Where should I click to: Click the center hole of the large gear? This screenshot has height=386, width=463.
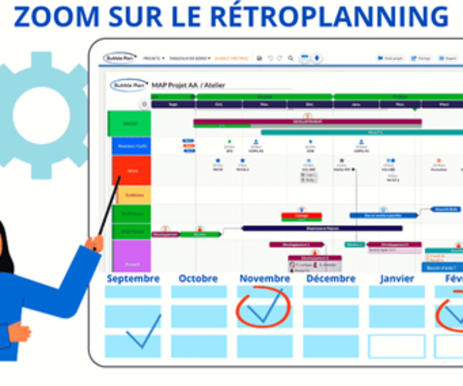click(42, 115)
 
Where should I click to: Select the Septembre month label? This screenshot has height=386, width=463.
click(133, 279)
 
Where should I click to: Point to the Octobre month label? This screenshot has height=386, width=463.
click(198, 279)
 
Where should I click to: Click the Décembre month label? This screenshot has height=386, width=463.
click(331, 279)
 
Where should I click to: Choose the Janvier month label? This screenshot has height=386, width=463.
click(397, 279)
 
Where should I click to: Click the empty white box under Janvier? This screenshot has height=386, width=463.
click(397, 346)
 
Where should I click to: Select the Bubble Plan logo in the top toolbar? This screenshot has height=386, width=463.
click(120, 58)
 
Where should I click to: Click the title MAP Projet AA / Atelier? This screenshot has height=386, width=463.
click(188, 85)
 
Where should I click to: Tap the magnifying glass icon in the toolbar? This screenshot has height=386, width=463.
click(290, 58)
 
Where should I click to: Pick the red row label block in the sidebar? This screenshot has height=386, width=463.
click(131, 170)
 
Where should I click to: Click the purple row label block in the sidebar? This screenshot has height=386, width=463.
click(132, 256)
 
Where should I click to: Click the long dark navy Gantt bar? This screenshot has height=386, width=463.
click(323, 229)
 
